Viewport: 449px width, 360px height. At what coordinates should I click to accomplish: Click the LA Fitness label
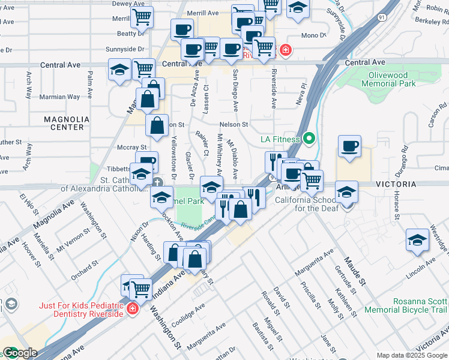pyautogui.click(x=279, y=139)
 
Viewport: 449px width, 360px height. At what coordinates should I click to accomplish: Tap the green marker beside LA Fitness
pyautogui.click(x=309, y=139)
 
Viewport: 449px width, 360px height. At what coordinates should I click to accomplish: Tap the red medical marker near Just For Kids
pyautogui.click(x=133, y=309)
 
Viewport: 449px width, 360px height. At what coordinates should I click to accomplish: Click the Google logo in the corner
pyautogui.click(x=19, y=353)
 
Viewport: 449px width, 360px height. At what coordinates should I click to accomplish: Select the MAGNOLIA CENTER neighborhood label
pyautogui.click(x=64, y=123)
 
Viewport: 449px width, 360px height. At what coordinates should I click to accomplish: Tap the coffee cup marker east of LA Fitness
pyautogui.click(x=349, y=146)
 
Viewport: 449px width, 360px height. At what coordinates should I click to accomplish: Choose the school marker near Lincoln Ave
pyautogui.click(x=417, y=240)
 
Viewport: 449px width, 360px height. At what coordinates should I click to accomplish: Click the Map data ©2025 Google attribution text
pyautogui.click(x=412, y=355)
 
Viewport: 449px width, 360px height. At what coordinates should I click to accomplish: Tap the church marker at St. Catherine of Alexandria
pyautogui.click(x=157, y=183)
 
